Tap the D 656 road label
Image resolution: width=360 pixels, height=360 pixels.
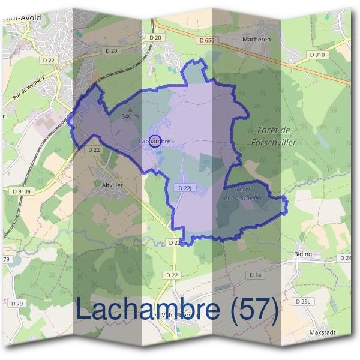point(206,40)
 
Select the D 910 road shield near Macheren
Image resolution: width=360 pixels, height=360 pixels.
point(319,55)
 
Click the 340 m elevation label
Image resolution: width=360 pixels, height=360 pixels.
point(130,116)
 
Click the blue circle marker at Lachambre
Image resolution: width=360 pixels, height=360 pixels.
point(154,141)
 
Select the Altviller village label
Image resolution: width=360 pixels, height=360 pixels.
point(112,185)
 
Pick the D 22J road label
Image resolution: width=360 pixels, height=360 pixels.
point(185,188)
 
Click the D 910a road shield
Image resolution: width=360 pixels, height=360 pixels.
point(19,191)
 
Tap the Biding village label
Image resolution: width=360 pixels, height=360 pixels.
point(304,254)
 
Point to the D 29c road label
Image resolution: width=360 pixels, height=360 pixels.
point(304,300)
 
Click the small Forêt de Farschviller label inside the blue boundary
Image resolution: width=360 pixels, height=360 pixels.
point(243,193)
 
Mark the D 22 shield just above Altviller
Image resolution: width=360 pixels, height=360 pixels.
point(93,149)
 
